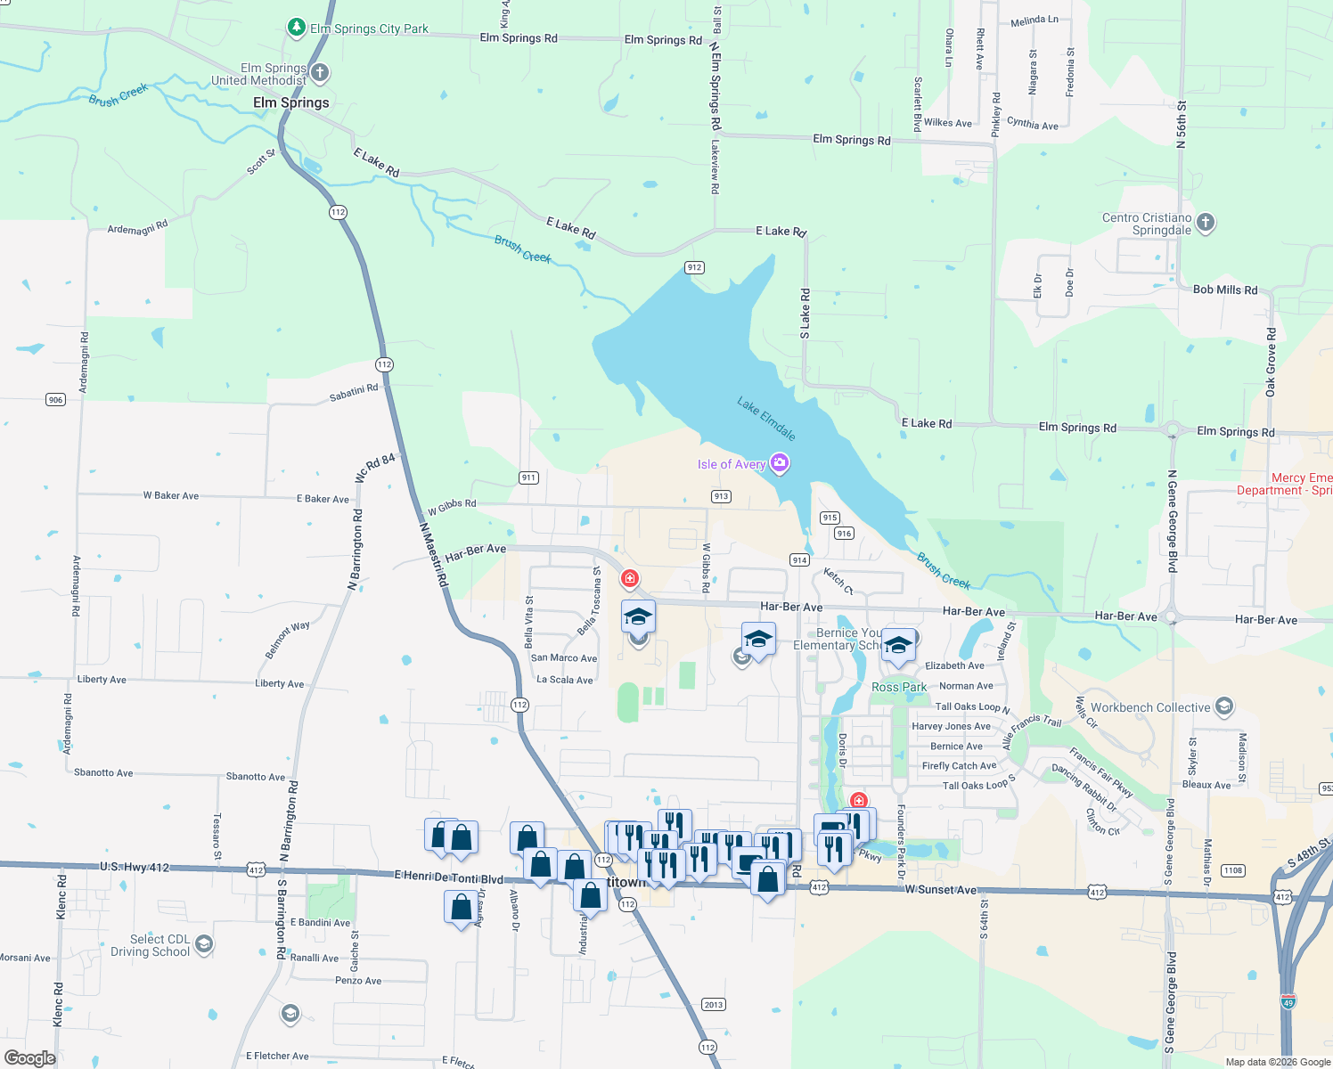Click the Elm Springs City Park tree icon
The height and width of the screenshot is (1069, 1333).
click(297, 28)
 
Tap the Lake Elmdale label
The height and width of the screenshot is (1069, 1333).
click(766, 419)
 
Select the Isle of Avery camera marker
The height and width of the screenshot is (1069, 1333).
click(781, 462)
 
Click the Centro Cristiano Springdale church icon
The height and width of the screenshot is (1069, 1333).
click(1205, 223)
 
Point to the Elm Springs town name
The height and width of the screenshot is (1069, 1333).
click(290, 102)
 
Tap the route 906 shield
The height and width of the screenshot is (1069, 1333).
click(55, 400)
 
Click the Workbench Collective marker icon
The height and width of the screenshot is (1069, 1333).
click(1224, 707)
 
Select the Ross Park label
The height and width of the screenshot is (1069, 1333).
click(899, 687)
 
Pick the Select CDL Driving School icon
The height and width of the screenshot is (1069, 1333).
click(204, 944)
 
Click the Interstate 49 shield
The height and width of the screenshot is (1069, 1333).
click(1288, 1001)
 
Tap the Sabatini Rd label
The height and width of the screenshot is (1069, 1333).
click(354, 392)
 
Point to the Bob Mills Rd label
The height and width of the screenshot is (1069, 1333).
click(1225, 290)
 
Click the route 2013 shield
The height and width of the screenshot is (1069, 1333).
click(714, 1004)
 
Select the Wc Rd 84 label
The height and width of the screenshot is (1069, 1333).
click(375, 469)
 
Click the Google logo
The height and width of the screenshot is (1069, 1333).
click(30, 1057)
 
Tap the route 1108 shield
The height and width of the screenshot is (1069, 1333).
click(1233, 870)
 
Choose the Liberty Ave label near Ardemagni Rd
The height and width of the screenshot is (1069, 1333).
click(102, 679)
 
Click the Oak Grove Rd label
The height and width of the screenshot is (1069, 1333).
click(1271, 362)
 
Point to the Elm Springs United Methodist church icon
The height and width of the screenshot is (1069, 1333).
click(320, 73)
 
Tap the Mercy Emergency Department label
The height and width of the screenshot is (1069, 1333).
click(1288, 484)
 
